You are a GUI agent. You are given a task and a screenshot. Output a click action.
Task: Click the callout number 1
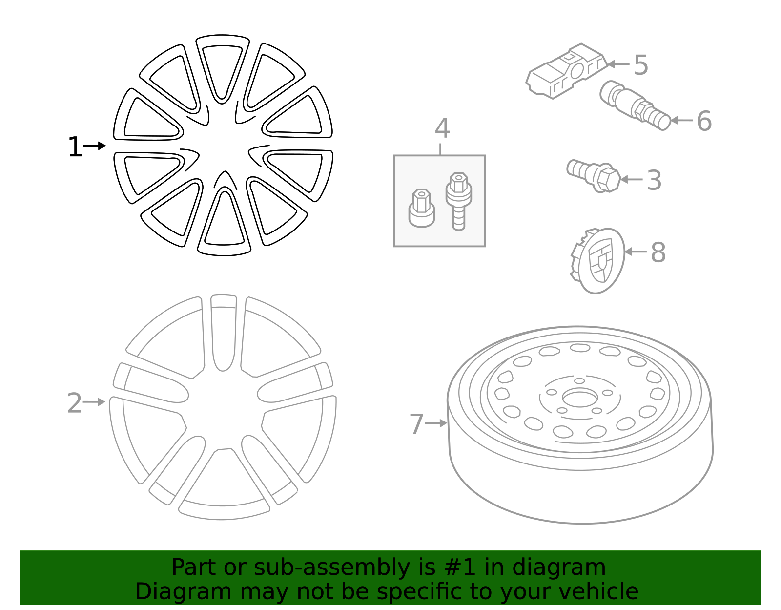coord(75,147)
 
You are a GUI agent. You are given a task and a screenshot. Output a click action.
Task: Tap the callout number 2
coord(74,403)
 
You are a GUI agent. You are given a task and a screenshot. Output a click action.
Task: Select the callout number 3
coord(654,180)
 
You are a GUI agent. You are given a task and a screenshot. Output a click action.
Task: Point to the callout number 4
coord(442,128)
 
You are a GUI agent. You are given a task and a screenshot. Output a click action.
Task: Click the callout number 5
coord(641,65)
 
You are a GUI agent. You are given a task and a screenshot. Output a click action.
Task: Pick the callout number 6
coord(704,121)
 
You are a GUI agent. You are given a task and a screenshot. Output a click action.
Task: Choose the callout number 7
coord(416,424)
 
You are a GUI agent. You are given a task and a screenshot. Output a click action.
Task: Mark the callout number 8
coord(658,252)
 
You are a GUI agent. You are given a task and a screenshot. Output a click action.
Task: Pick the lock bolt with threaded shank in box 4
coord(458,200)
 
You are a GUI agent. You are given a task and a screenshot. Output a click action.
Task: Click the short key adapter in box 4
coord(421,209)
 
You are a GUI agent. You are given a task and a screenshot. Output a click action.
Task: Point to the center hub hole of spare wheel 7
coord(579,398)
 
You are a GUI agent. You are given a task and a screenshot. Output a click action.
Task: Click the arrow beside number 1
coord(95,146)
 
